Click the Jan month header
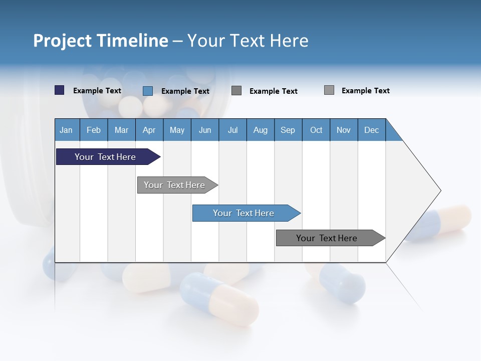[66, 130]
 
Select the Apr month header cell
[149, 130]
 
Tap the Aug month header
[260, 130]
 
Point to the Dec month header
[371, 130]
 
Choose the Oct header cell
[316, 130]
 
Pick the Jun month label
[204, 130]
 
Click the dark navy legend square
[59, 90]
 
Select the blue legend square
[147, 91]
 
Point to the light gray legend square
[329, 90]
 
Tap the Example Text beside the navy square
[97, 91]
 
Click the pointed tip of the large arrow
[439, 191]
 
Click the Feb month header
[93, 130]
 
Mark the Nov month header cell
[343, 130]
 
